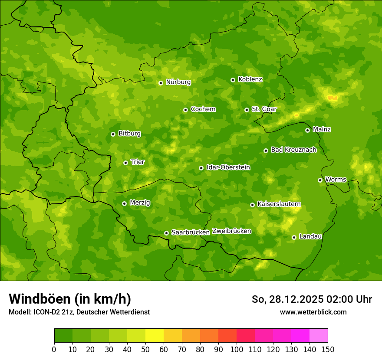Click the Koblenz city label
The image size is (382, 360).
[x=250, y=79]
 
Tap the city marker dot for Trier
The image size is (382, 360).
[x=125, y=163]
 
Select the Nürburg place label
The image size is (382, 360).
[x=178, y=82]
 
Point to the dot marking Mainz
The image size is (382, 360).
[x=307, y=130]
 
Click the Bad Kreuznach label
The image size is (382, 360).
[x=293, y=150]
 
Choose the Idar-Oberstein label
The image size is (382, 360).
[x=228, y=167]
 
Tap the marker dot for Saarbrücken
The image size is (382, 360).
[x=166, y=233]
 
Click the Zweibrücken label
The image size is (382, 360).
[x=231, y=231]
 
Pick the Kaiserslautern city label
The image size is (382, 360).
[x=279, y=204]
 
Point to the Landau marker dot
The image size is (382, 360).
[x=294, y=237]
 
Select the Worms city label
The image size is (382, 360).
[x=335, y=180]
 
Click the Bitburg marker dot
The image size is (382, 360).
[x=113, y=134]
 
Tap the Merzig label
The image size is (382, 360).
[x=140, y=203]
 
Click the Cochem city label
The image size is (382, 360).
[x=203, y=109]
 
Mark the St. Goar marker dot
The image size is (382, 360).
[x=247, y=110]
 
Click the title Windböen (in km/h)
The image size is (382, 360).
[x=70, y=299]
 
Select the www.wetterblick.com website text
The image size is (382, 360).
[x=313, y=312]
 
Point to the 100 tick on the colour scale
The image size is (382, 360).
[x=237, y=349]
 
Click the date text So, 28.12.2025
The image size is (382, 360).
[x=288, y=299]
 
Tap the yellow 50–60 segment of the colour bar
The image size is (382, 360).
[x=155, y=336]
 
